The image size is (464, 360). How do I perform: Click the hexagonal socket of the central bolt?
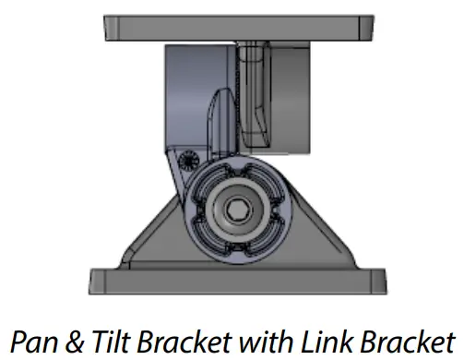(236, 210)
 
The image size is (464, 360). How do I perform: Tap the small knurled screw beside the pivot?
(187, 161)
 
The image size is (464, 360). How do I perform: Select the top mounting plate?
(239, 28)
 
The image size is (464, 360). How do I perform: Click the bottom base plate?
(238, 282)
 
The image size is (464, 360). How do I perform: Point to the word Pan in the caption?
(34, 342)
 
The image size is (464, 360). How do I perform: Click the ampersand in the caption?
(74, 342)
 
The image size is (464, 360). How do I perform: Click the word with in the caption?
(266, 342)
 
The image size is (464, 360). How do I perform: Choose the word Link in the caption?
(327, 342)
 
